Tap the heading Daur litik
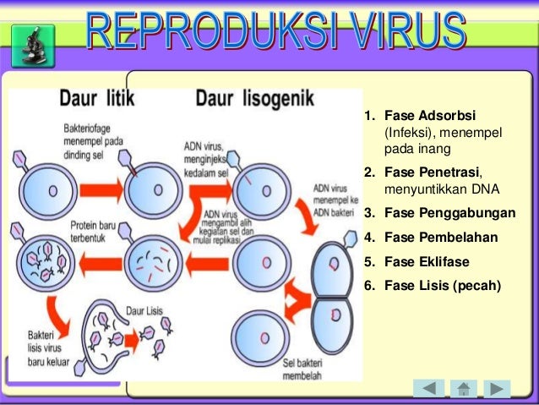pos(94,100)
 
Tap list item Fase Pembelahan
pos(440,237)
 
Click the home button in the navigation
pos(463,389)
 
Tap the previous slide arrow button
pos(428,389)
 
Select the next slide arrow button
pos(497,389)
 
